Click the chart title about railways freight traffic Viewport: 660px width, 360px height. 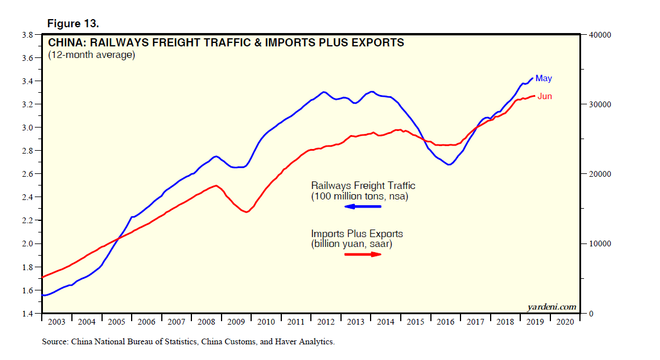[x=226, y=42]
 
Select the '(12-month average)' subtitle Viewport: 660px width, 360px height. [x=91, y=55]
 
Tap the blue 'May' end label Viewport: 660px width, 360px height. [x=543, y=78]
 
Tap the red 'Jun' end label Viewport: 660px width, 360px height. [x=545, y=96]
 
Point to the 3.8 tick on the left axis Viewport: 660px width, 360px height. [x=27, y=35]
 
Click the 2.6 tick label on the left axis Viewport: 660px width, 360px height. [x=27, y=174]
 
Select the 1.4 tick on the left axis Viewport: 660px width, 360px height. [x=27, y=314]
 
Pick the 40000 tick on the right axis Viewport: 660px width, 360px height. [x=600, y=35]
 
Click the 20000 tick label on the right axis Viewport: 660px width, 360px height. [x=600, y=174]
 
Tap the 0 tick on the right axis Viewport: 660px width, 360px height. [x=592, y=314]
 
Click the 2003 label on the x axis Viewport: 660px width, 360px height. [x=56, y=322]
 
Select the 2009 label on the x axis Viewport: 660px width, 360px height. [x=236, y=322]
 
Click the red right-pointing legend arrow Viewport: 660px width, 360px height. [x=362, y=254]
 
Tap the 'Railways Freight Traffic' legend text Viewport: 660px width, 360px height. [x=363, y=186]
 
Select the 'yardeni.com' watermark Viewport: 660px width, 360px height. [x=552, y=306]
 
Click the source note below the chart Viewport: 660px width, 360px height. [x=188, y=342]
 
